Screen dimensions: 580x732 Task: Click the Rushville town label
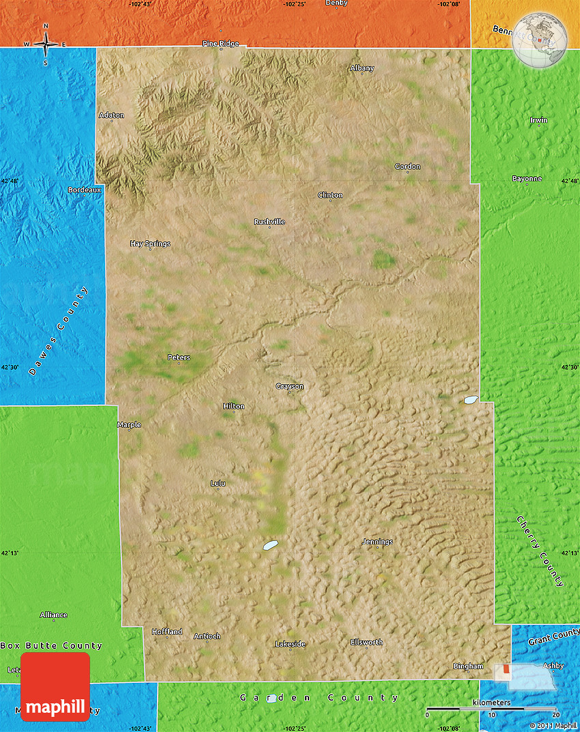point(269,222)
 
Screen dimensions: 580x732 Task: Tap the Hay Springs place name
point(150,244)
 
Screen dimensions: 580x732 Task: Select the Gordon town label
point(407,166)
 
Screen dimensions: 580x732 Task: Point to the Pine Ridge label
point(220,44)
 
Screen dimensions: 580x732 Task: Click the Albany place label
point(362,68)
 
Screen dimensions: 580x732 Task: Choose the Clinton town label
point(330,195)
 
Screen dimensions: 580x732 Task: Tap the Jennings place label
point(377,542)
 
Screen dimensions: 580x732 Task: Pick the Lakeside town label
point(290,644)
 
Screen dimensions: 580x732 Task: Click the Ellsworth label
point(366,642)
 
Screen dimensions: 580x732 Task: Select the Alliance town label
point(54,615)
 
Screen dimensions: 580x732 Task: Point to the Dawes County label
point(59,332)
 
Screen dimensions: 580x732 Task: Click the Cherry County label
point(540,551)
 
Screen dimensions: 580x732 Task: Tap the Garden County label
point(319,697)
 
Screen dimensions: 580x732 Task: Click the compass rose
point(46,44)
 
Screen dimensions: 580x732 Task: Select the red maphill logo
point(55,686)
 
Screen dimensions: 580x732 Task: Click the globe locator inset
point(539,40)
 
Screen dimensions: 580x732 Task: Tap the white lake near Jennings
point(271,545)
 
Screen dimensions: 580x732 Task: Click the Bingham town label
point(468,666)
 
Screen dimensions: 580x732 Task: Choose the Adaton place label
point(112,115)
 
